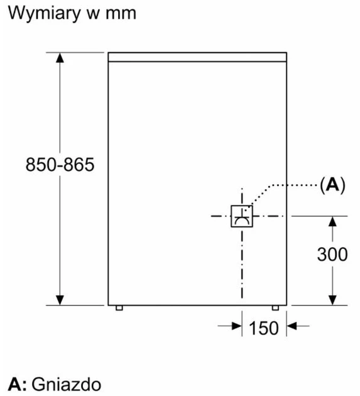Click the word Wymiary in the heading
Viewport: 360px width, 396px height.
click(44, 13)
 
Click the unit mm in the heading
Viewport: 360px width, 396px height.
click(121, 14)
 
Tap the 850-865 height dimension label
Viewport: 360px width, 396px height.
click(60, 165)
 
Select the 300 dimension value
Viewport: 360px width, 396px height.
click(332, 254)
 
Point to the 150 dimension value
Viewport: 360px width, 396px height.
click(264, 328)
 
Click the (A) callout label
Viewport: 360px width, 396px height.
click(332, 185)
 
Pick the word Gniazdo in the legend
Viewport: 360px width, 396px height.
click(67, 384)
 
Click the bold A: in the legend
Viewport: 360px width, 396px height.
click(17, 384)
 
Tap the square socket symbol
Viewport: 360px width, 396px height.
click(242, 216)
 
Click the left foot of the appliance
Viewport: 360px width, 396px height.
click(119, 308)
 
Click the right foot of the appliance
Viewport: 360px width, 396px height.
click(275, 308)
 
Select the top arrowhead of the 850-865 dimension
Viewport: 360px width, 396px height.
click(60, 58)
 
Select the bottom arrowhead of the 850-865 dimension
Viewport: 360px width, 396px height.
click(60, 300)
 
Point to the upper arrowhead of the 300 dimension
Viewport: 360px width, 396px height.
click(332, 221)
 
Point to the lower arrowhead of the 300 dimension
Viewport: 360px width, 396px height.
click(332, 300)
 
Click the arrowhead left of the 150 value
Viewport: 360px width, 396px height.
click(237, 326)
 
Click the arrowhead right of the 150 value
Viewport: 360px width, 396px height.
click(292, 326)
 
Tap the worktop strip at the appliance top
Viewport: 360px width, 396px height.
click(197, 57)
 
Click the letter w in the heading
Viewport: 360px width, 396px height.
click(93, 14)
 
